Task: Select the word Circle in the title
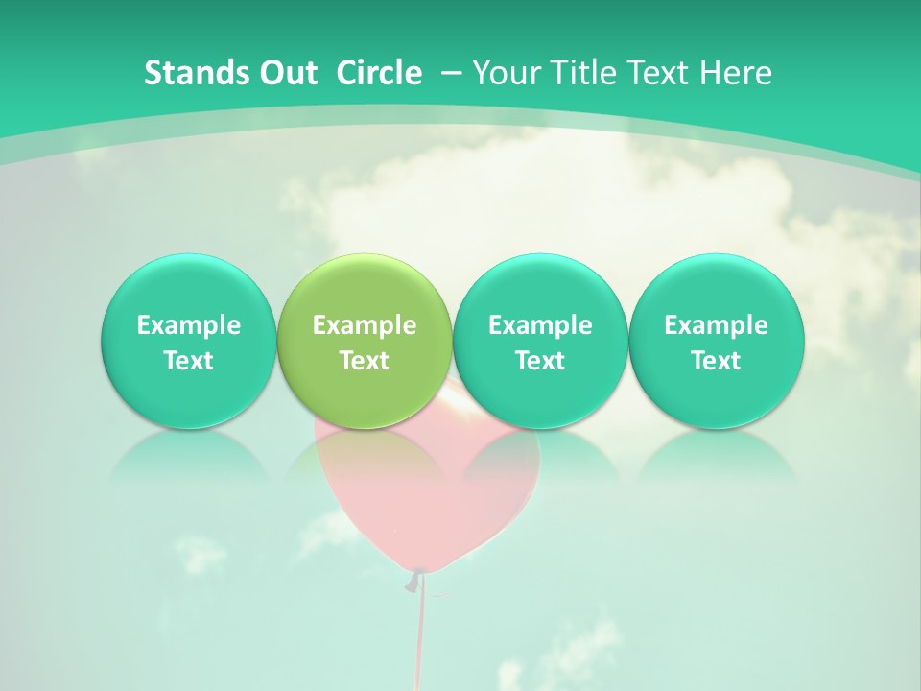click(x=379, y=73)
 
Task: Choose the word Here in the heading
click(x=737, y=73)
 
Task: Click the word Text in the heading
click(x=657, y=73)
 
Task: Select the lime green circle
click(x=365, y=341)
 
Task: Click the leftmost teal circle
click(x=189, y=341)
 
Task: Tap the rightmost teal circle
click(x=716, y=341)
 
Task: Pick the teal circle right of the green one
click(x=540, y=341)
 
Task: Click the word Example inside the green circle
click(x=365, y=325)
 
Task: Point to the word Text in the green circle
click(x=365, y=361)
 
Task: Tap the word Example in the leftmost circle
click(x=189, y=325)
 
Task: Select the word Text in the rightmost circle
click(x=716, y=361)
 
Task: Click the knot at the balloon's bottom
click(x=415, y=579)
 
